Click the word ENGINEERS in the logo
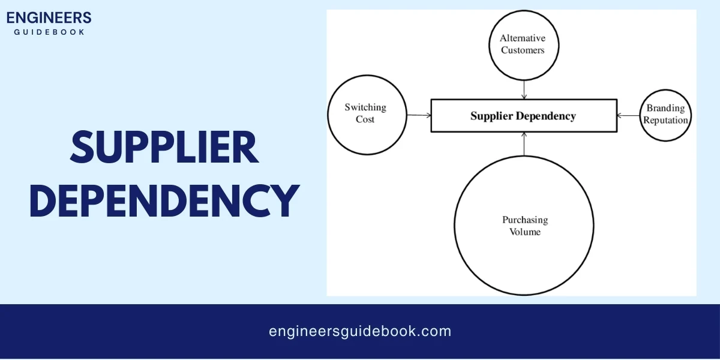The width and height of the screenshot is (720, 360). point(49,17)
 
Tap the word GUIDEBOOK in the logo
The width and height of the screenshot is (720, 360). point(49,31)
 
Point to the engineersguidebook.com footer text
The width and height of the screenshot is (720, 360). point(360,331)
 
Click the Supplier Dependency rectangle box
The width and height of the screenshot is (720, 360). point(523,116)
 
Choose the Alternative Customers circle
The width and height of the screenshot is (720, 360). point(523,44)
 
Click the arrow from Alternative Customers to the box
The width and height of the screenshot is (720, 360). point(524,89)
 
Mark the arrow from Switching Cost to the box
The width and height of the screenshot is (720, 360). point(419,115)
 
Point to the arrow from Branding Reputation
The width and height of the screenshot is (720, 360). point(629,115)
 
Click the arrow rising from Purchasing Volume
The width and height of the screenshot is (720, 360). point(524,143)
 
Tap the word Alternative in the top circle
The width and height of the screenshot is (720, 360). point(523,38)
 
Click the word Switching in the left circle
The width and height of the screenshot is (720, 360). point(365,107)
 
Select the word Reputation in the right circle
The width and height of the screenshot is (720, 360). point(665,120)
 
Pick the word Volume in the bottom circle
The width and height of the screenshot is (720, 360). point(525,232)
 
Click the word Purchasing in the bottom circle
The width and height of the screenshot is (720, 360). point(525,220)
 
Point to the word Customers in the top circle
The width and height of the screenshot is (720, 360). point(523,50)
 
